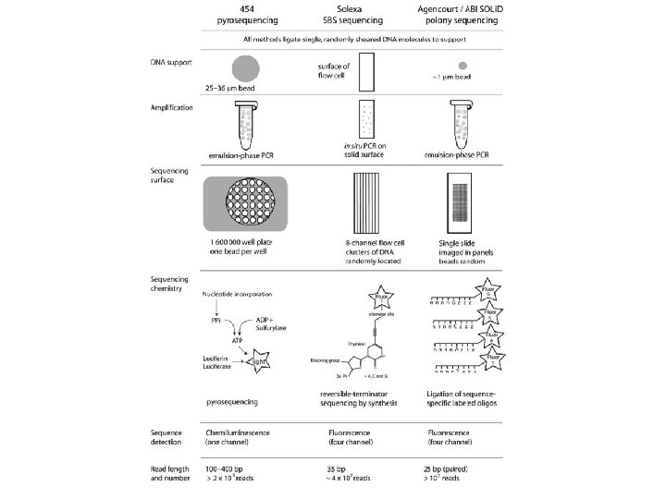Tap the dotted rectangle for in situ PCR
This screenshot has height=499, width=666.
[366, 123]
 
